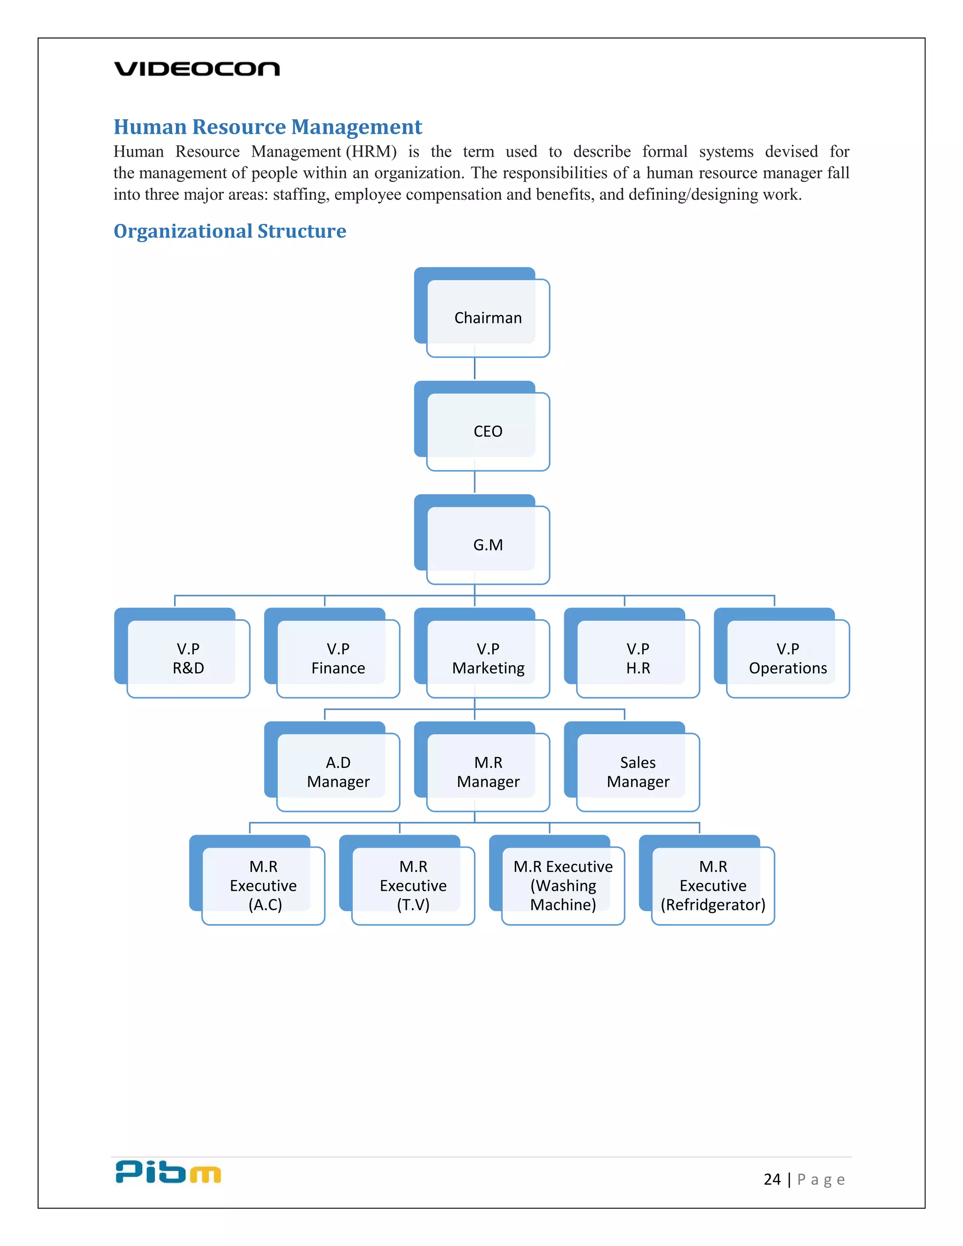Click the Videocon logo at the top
pyautogui.click(x=197, y=69)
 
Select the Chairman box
pyautogui.click(x=488, y=318)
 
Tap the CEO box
pyautogui.click(x=488, y=431)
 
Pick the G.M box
pyautogui.click(x=488, y=545)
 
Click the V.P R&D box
pyautogui.click(x=188, y=658)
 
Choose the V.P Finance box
pyautogui.click(x=338, y=658)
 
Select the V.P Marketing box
pyautogui.click(x=488, y=658)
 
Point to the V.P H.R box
pyautogui.click(x=638, y=658)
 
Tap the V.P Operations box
pyautogui.click(x=788, y=658)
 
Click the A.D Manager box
pyautogui.click(x=338, y=772)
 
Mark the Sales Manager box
pyautogui.click(x=638, y=772)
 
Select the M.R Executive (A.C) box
pyautogui.click(x=264, y=885)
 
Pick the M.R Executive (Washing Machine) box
pyautogui.click(x=563, y=885)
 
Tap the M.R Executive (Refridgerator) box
pyautogui.click(x=713, y=885)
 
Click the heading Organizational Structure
pyautogui.click(x=230, y=231)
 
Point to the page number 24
pyautogui.click(x=772, y=1179)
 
